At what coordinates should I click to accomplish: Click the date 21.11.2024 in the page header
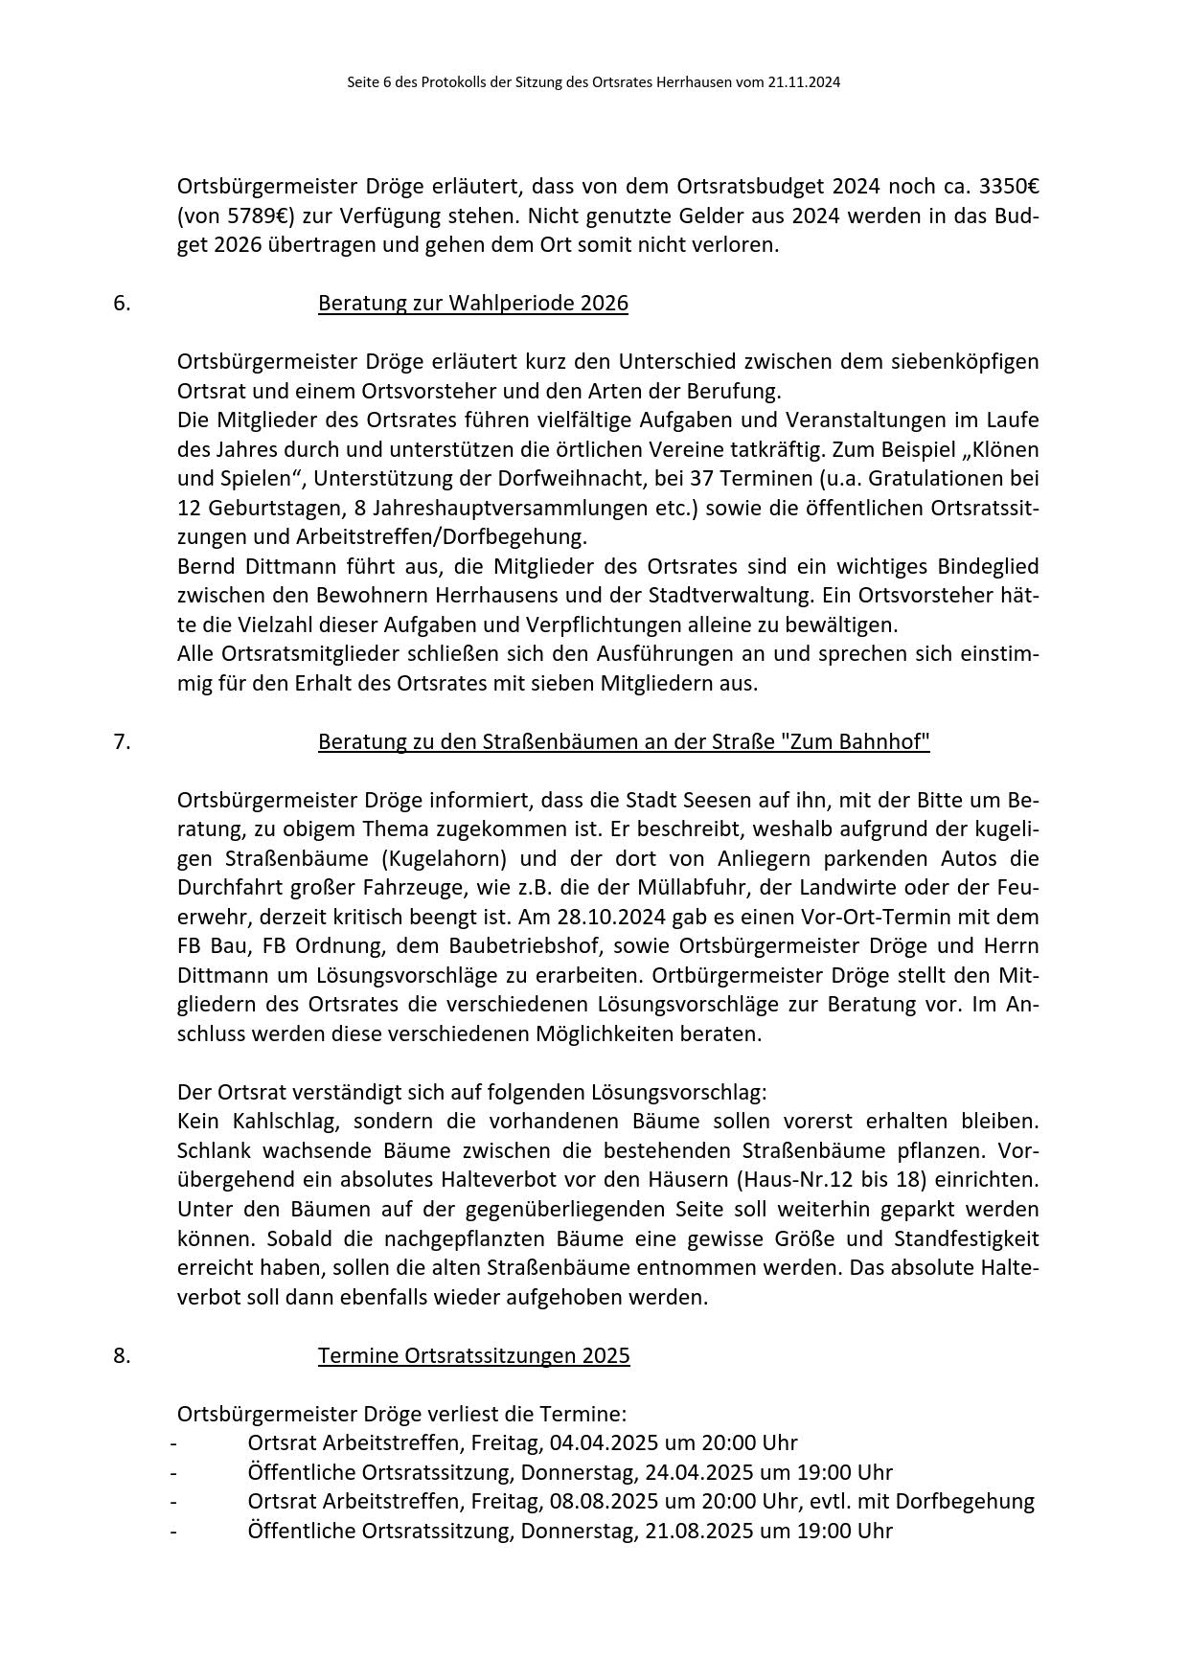pos(803,82)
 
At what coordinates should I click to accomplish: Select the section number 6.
pos(122,304)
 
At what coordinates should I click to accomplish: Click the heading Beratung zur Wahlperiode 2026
pos(472,304)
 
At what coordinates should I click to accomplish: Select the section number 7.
pos(122,742)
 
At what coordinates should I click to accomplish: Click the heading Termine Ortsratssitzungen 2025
pos(473,1356)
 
